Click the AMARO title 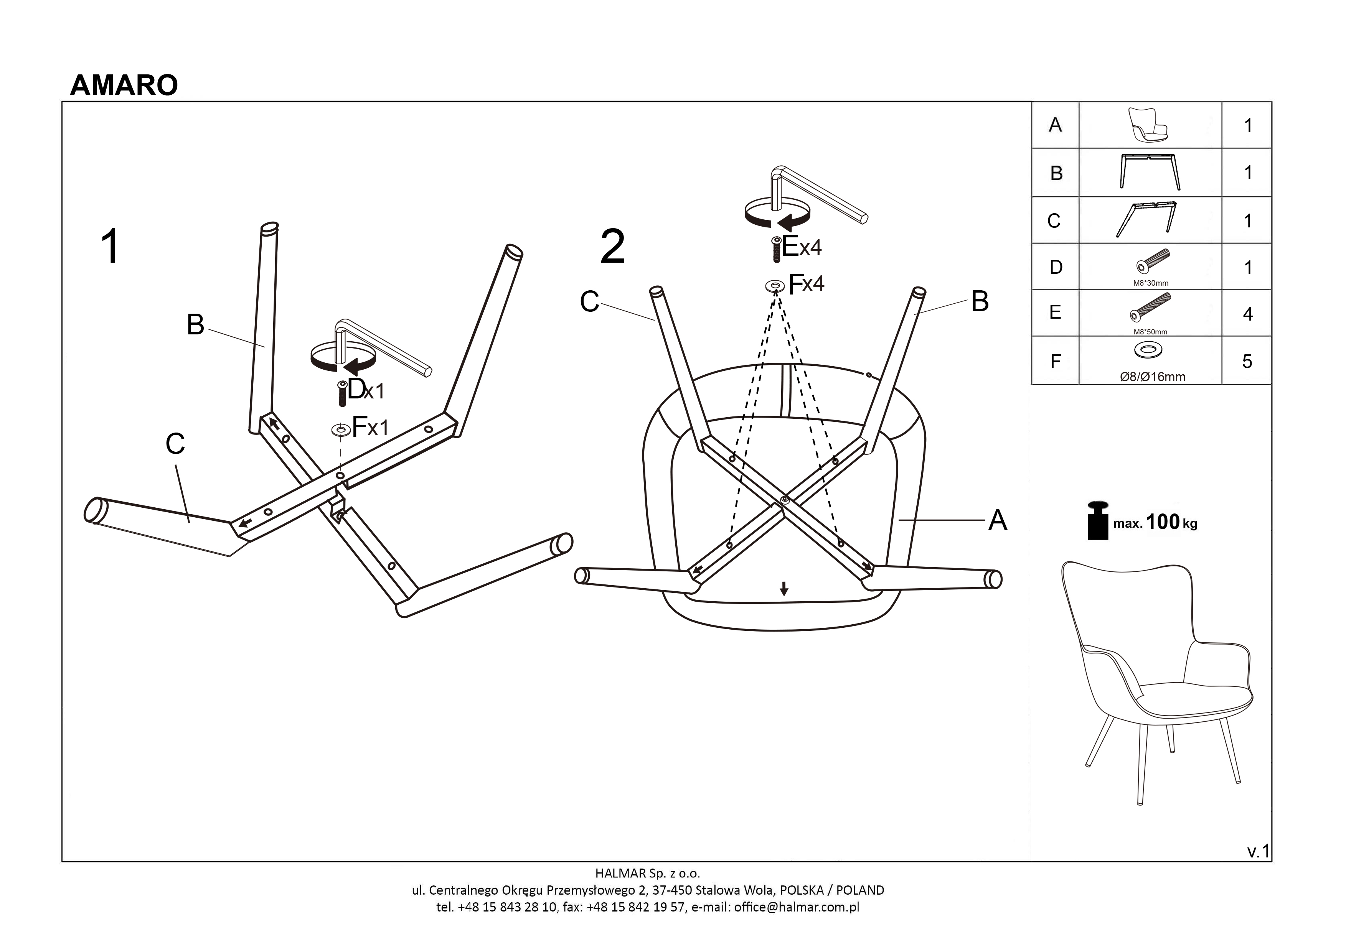[x=124, y=86]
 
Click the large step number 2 [x=613, y=247]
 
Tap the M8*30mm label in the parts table [x=1150, y=283]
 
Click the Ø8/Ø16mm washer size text [x=1152, y=377]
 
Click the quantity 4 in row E [x=1247, y=314]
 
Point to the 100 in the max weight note [x=1163, y=522]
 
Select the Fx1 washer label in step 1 [x=370, y=427]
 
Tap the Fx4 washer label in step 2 [x=806, y=284]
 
